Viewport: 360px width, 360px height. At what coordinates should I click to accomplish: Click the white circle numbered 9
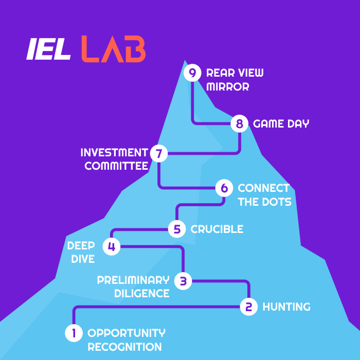point(192,73)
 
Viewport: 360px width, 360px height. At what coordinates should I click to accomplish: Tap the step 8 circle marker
point(240,124)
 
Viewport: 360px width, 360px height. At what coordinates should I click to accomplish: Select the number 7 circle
point(159,153)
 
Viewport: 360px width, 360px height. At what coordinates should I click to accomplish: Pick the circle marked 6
point(224,188)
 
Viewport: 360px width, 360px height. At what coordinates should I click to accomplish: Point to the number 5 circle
point(177,229)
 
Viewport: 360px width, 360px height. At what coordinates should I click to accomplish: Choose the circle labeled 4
point(112,246)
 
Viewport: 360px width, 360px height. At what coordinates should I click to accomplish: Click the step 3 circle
point(183,281)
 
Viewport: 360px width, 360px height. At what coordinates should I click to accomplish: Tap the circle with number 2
point(249,307)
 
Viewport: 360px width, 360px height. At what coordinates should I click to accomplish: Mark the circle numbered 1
point(74,333)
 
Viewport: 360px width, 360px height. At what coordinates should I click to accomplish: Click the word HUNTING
point(286,307)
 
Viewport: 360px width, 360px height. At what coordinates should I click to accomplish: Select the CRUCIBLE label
point(217,229)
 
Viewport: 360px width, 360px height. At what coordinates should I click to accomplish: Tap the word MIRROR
point(228,87)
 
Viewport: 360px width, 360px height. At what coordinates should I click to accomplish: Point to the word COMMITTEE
point(116,166)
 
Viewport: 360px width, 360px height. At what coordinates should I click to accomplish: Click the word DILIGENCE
point(142,294)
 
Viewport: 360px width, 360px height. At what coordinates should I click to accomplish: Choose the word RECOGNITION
point(125,347)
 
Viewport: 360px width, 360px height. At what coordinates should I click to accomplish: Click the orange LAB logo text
point(114,49)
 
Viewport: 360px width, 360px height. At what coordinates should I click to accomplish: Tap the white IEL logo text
point(49,49)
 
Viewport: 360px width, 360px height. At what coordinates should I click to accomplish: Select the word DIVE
point(83,259)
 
